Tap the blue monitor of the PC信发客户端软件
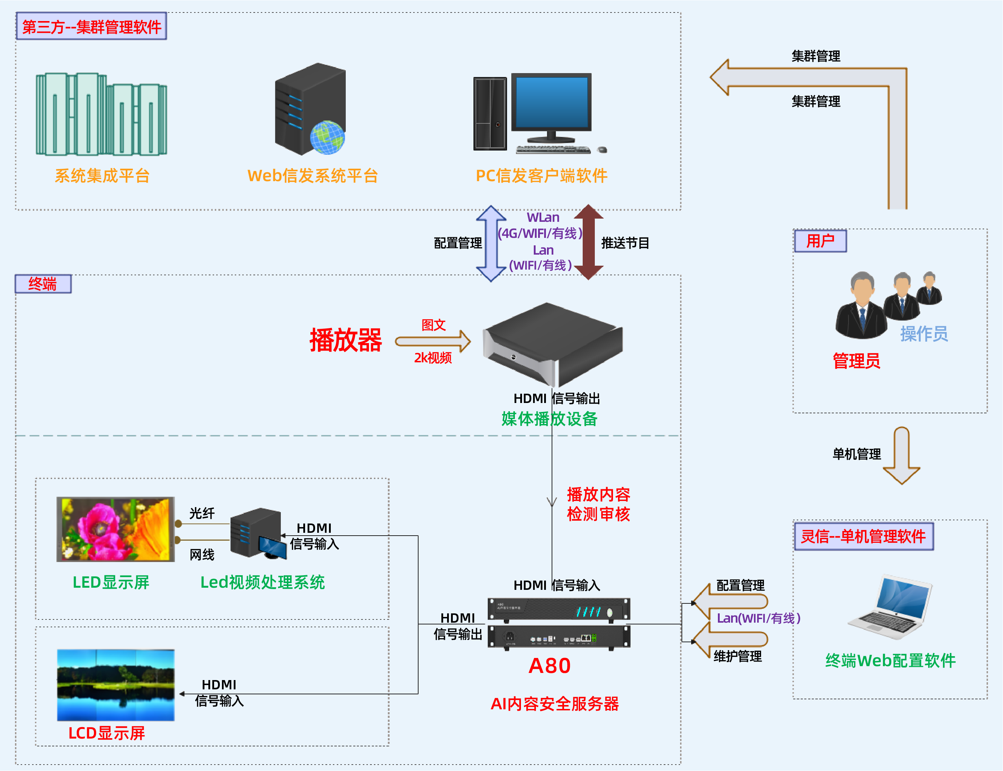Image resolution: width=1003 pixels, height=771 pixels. coord(552,102)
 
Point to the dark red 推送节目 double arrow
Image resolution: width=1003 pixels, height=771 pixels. coord(588,242)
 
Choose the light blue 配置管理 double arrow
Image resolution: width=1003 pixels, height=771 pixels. coord(491,243)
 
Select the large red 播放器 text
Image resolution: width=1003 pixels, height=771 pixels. coord(345,341)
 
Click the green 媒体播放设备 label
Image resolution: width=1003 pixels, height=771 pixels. coord(549,419)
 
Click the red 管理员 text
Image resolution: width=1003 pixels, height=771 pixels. coord(856,361)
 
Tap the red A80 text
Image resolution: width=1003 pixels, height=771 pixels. coord(550,666)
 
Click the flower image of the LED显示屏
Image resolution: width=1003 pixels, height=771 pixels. coord(115,529)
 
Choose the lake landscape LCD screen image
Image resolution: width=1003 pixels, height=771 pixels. coord(116,685)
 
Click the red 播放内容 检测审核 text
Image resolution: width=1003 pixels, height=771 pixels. coord(598,504)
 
